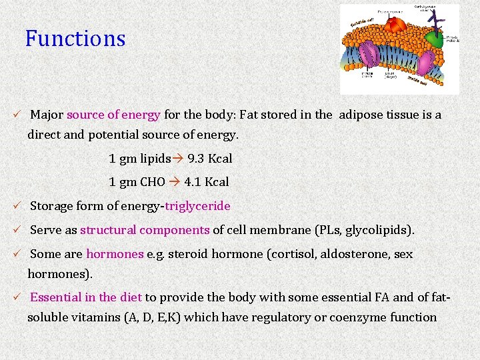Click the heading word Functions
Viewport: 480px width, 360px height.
(x=75, y=39)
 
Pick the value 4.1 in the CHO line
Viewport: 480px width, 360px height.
(x=193, y=182)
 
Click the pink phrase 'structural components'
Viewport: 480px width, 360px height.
(x=145, y=231)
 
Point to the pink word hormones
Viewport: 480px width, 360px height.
(x=115, y=254)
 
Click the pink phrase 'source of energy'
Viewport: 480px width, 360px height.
(x=113, y=115)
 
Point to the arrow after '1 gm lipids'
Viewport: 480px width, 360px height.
(x=179, y=159)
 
